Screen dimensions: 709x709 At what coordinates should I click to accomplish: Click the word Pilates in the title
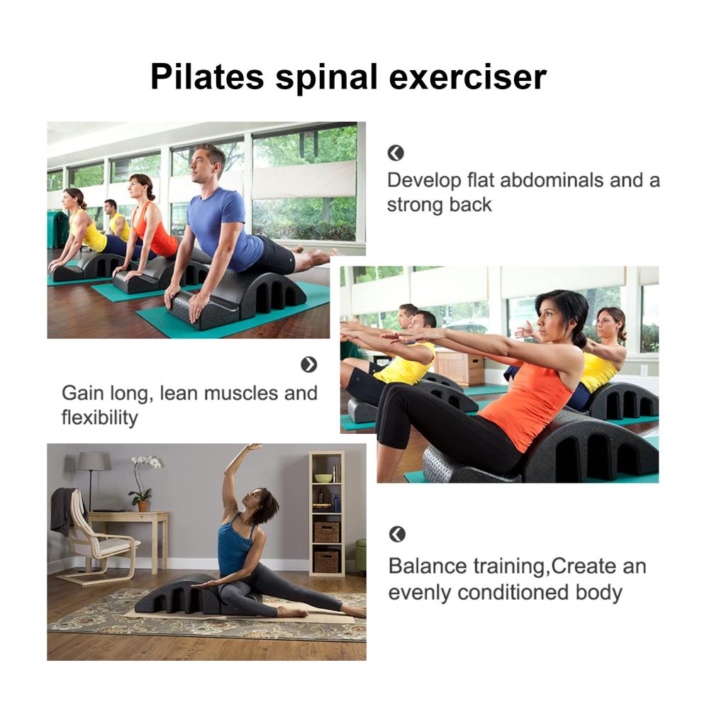pos(207,77)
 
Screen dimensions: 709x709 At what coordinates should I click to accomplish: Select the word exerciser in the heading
pos(467,77)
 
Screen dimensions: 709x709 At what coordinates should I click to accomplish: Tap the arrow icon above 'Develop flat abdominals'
pos(396,153)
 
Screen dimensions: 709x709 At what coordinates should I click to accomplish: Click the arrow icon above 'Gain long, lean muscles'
pos(309,364)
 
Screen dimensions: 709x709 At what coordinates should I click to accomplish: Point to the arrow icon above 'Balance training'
pos(397,534)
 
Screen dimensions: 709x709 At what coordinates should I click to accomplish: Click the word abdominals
pos(552,180)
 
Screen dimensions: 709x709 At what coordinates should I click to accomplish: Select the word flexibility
pos(99,418)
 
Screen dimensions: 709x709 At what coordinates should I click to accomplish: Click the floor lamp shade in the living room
pos(94,462)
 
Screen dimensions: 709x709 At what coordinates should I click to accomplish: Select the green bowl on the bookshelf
pos(323,478)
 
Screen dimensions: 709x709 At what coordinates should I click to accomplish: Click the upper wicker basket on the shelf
pos(326,532)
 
